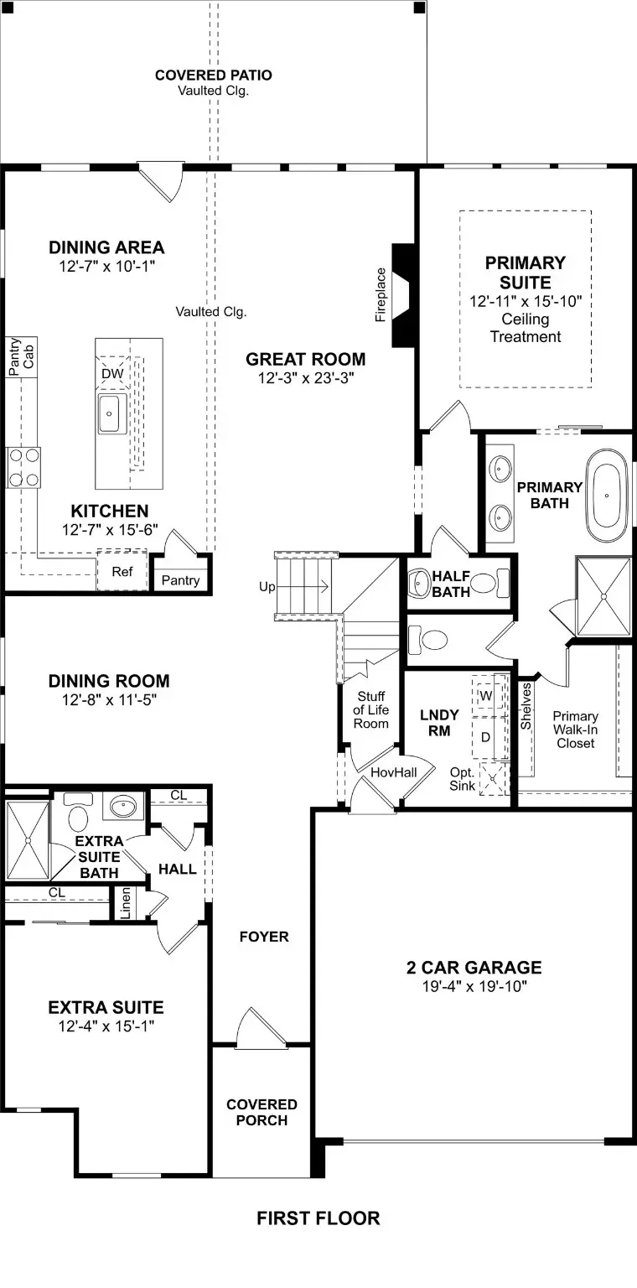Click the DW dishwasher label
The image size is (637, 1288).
point(111,373)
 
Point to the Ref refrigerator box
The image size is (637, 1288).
point(122,572)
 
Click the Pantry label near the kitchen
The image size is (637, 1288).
point(181,580)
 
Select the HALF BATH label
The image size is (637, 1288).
point(451,584)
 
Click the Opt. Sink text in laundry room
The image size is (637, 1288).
point(462,778)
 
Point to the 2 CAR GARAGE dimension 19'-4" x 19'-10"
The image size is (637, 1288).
point(474,986)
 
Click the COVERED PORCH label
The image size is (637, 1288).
point(262,1112)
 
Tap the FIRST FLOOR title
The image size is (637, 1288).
point(318,1218)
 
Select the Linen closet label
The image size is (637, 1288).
point(126,903)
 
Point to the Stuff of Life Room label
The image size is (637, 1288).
point(370,709)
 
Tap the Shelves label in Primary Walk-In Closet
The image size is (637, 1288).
point(526,706)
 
